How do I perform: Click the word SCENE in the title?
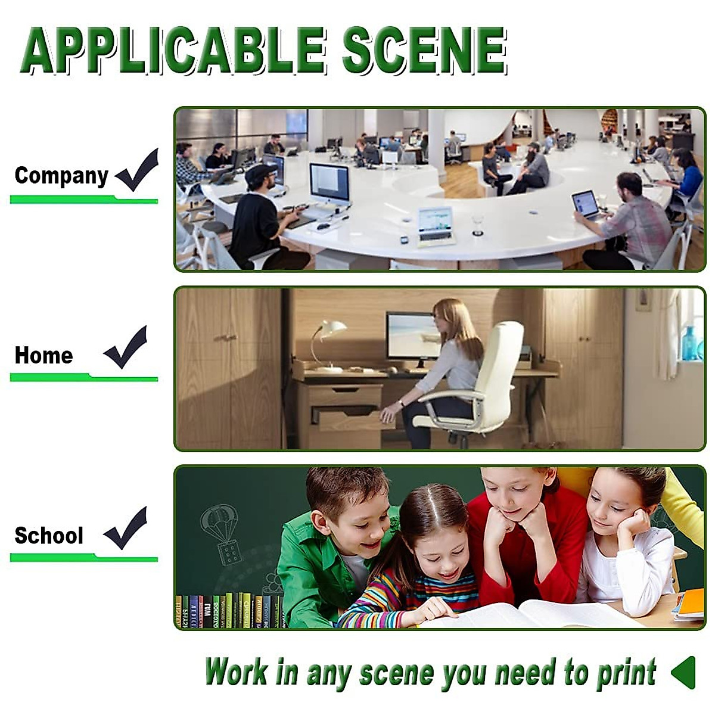point(425,50)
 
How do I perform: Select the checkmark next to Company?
point(137,170)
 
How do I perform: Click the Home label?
point(43,355)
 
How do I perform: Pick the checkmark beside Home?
point(125,347)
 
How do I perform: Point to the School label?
point(49,536)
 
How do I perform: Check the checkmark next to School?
point(125,528)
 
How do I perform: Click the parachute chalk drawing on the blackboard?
point(220,534)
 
